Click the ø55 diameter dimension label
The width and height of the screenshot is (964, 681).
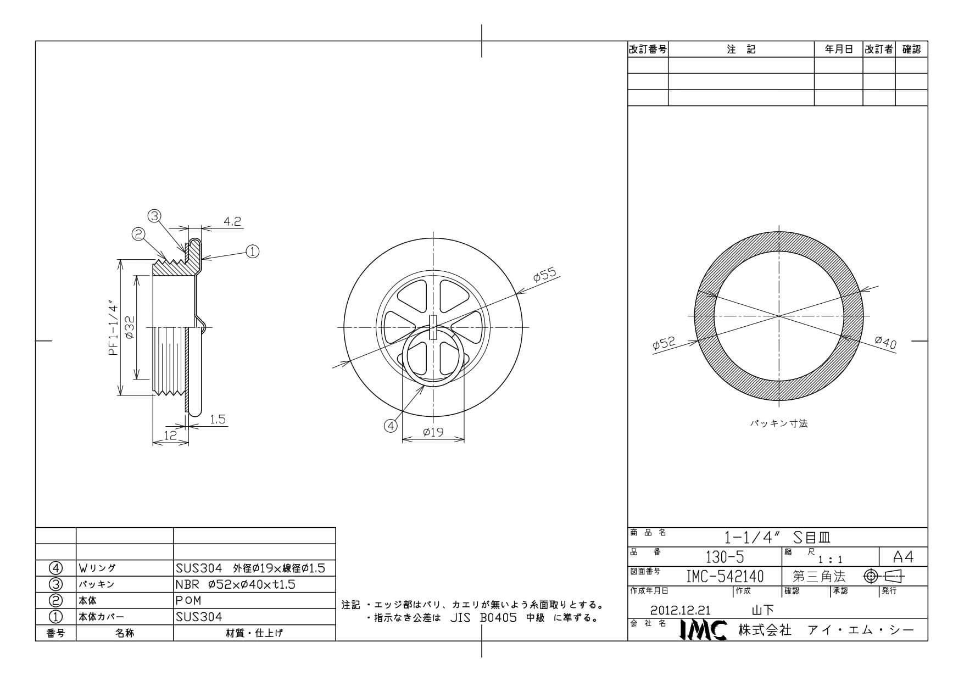(x=545, y=275)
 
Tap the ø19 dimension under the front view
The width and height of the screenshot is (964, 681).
(x=433, y=432)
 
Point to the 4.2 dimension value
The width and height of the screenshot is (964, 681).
(x=232, y=221)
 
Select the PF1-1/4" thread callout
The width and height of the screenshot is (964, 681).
(x=114, y=327)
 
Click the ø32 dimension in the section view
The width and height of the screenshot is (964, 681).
(x=130, y=328)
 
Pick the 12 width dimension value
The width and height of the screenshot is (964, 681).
(x=170, y=435)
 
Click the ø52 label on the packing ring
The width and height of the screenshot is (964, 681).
(x=664, y=344)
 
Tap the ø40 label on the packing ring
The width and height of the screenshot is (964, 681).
(x=885, y=342)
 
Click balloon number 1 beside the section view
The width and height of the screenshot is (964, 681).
(x=252, y=252)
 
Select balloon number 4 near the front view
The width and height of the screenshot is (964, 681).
(x=391, y=426)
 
